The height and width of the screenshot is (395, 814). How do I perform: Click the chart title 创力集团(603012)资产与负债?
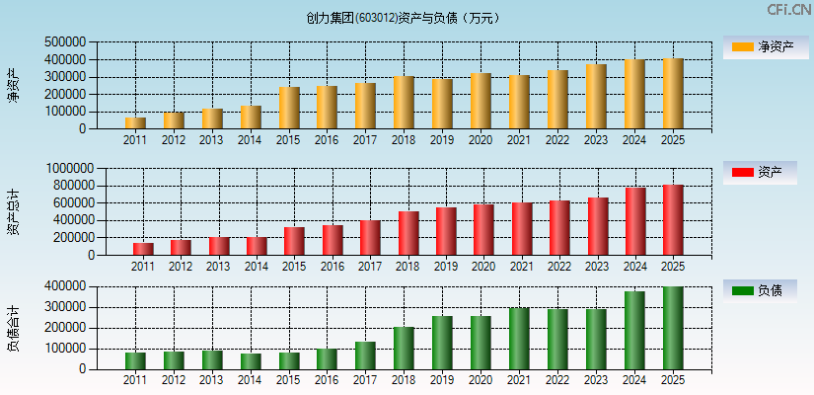[404, 18]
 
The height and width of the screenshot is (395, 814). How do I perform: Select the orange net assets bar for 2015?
[289, 108]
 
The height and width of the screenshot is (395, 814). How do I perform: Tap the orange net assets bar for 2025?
[673, 94]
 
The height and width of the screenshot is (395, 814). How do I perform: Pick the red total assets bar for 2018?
[408, 233]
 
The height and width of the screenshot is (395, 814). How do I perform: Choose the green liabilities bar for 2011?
[135, 360]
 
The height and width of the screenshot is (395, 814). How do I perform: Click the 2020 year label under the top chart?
[481, 140]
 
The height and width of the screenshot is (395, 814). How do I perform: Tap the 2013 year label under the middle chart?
[218, 267]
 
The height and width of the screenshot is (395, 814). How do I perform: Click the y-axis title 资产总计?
[13, 211]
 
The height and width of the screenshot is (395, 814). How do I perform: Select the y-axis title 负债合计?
[13, 328]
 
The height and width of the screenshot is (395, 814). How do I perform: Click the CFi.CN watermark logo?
[788, 10]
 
